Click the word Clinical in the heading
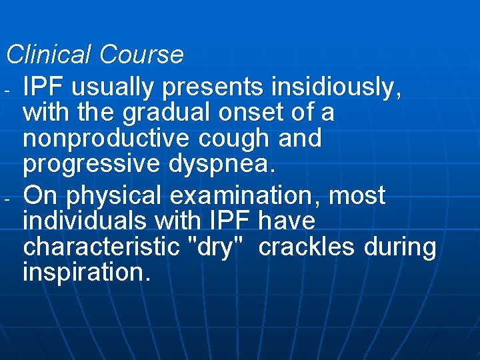point(49,55)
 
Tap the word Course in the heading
point(141,55)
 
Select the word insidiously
point(337,87)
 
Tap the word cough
point(235,139)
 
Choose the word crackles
point(307,247)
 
